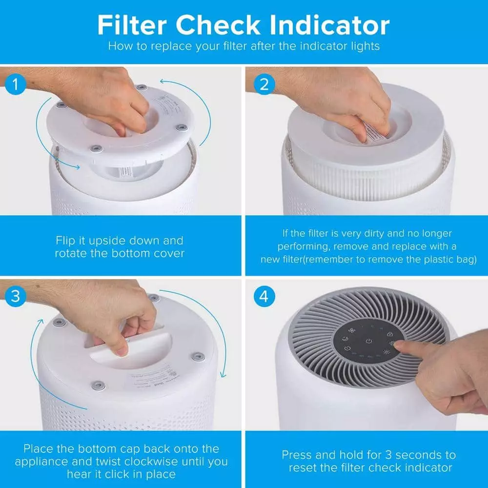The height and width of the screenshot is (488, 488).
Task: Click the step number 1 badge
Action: pos(16,84)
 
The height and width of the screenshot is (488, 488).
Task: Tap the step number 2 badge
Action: pos(264,84)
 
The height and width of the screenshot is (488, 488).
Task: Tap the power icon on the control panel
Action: pos(369,341)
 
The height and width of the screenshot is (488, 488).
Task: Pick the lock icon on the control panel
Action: pos(389,334)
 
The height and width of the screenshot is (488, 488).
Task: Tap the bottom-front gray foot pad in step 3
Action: pos(98,386)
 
